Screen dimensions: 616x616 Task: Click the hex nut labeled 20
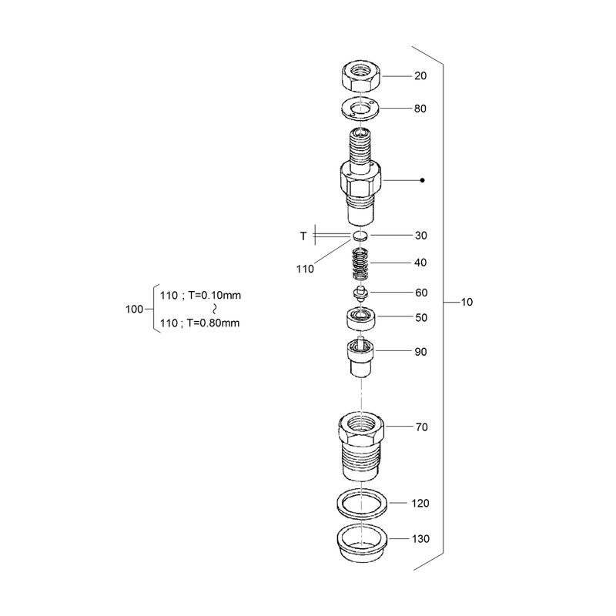[360, 76]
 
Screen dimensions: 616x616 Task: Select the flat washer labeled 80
[360, 109]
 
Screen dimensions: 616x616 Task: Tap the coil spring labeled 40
[360, 264]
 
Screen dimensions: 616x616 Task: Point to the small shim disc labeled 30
[360, 236]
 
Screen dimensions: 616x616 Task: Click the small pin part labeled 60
[360, 293]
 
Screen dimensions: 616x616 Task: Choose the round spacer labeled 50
[360, 318]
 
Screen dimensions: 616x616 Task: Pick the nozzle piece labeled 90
[360, 357]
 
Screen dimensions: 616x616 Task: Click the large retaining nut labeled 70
[361, 447]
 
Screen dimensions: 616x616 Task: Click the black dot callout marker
[422, 180]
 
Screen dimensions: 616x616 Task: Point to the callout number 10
[467, 302]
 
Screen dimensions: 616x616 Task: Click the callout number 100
[134, 310]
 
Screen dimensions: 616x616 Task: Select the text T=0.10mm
[215, 295]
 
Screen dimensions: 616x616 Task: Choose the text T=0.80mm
[213, 323]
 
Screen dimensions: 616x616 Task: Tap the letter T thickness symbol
[303, 236]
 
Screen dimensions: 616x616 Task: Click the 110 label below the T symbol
[305, 269]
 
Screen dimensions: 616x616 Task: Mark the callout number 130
[420, 538]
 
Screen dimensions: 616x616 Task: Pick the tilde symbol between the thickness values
[215, 309]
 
